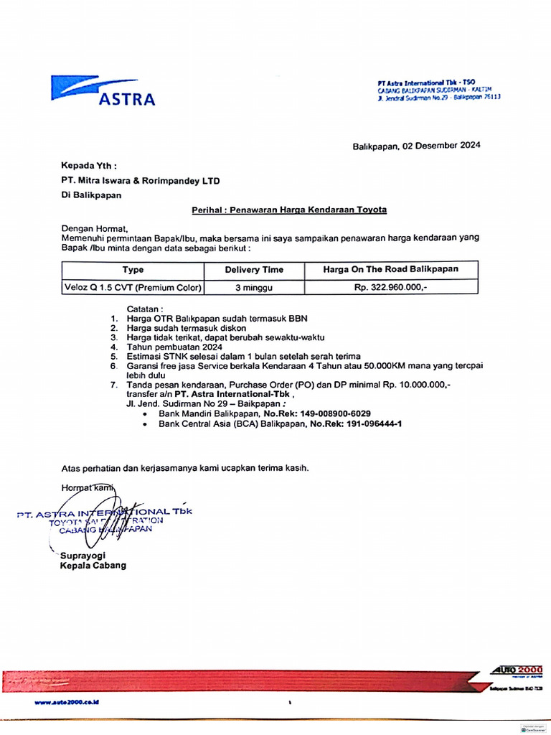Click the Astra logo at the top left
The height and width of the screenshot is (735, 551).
click(103, 90)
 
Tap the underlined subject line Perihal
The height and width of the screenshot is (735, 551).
click(289, 210)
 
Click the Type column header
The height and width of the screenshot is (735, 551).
click(133, 270)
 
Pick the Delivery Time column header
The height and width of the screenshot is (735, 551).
click(254, 270)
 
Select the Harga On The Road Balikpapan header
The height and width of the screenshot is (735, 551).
click(391, 270)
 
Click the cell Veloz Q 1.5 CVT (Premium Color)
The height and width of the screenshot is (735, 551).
click(133, 288)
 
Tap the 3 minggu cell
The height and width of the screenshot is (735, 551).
click(254, 288)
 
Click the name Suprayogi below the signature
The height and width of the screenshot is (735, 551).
click(88, 555)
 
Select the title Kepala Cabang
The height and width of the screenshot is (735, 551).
click(93, 565)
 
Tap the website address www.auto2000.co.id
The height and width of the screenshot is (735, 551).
click(66, 701)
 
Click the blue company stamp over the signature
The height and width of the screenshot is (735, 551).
click(105, 520)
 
